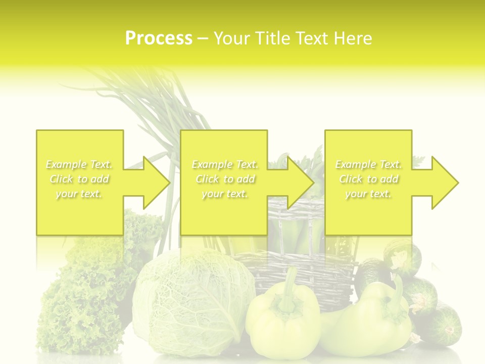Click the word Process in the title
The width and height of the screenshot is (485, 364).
159,38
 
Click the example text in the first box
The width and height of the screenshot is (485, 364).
79,179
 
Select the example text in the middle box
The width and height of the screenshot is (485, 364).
225,179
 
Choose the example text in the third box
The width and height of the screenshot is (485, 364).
368,179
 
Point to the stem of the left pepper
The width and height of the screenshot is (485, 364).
289,288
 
